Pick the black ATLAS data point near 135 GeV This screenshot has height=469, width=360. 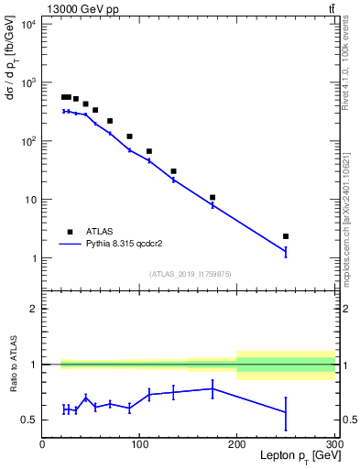[173, 171]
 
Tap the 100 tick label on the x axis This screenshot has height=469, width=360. [139, 444]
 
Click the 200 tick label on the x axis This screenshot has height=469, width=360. [237, 444]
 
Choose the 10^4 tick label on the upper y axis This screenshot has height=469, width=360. [27, 24]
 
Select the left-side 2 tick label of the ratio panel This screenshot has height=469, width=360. [33, 309]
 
